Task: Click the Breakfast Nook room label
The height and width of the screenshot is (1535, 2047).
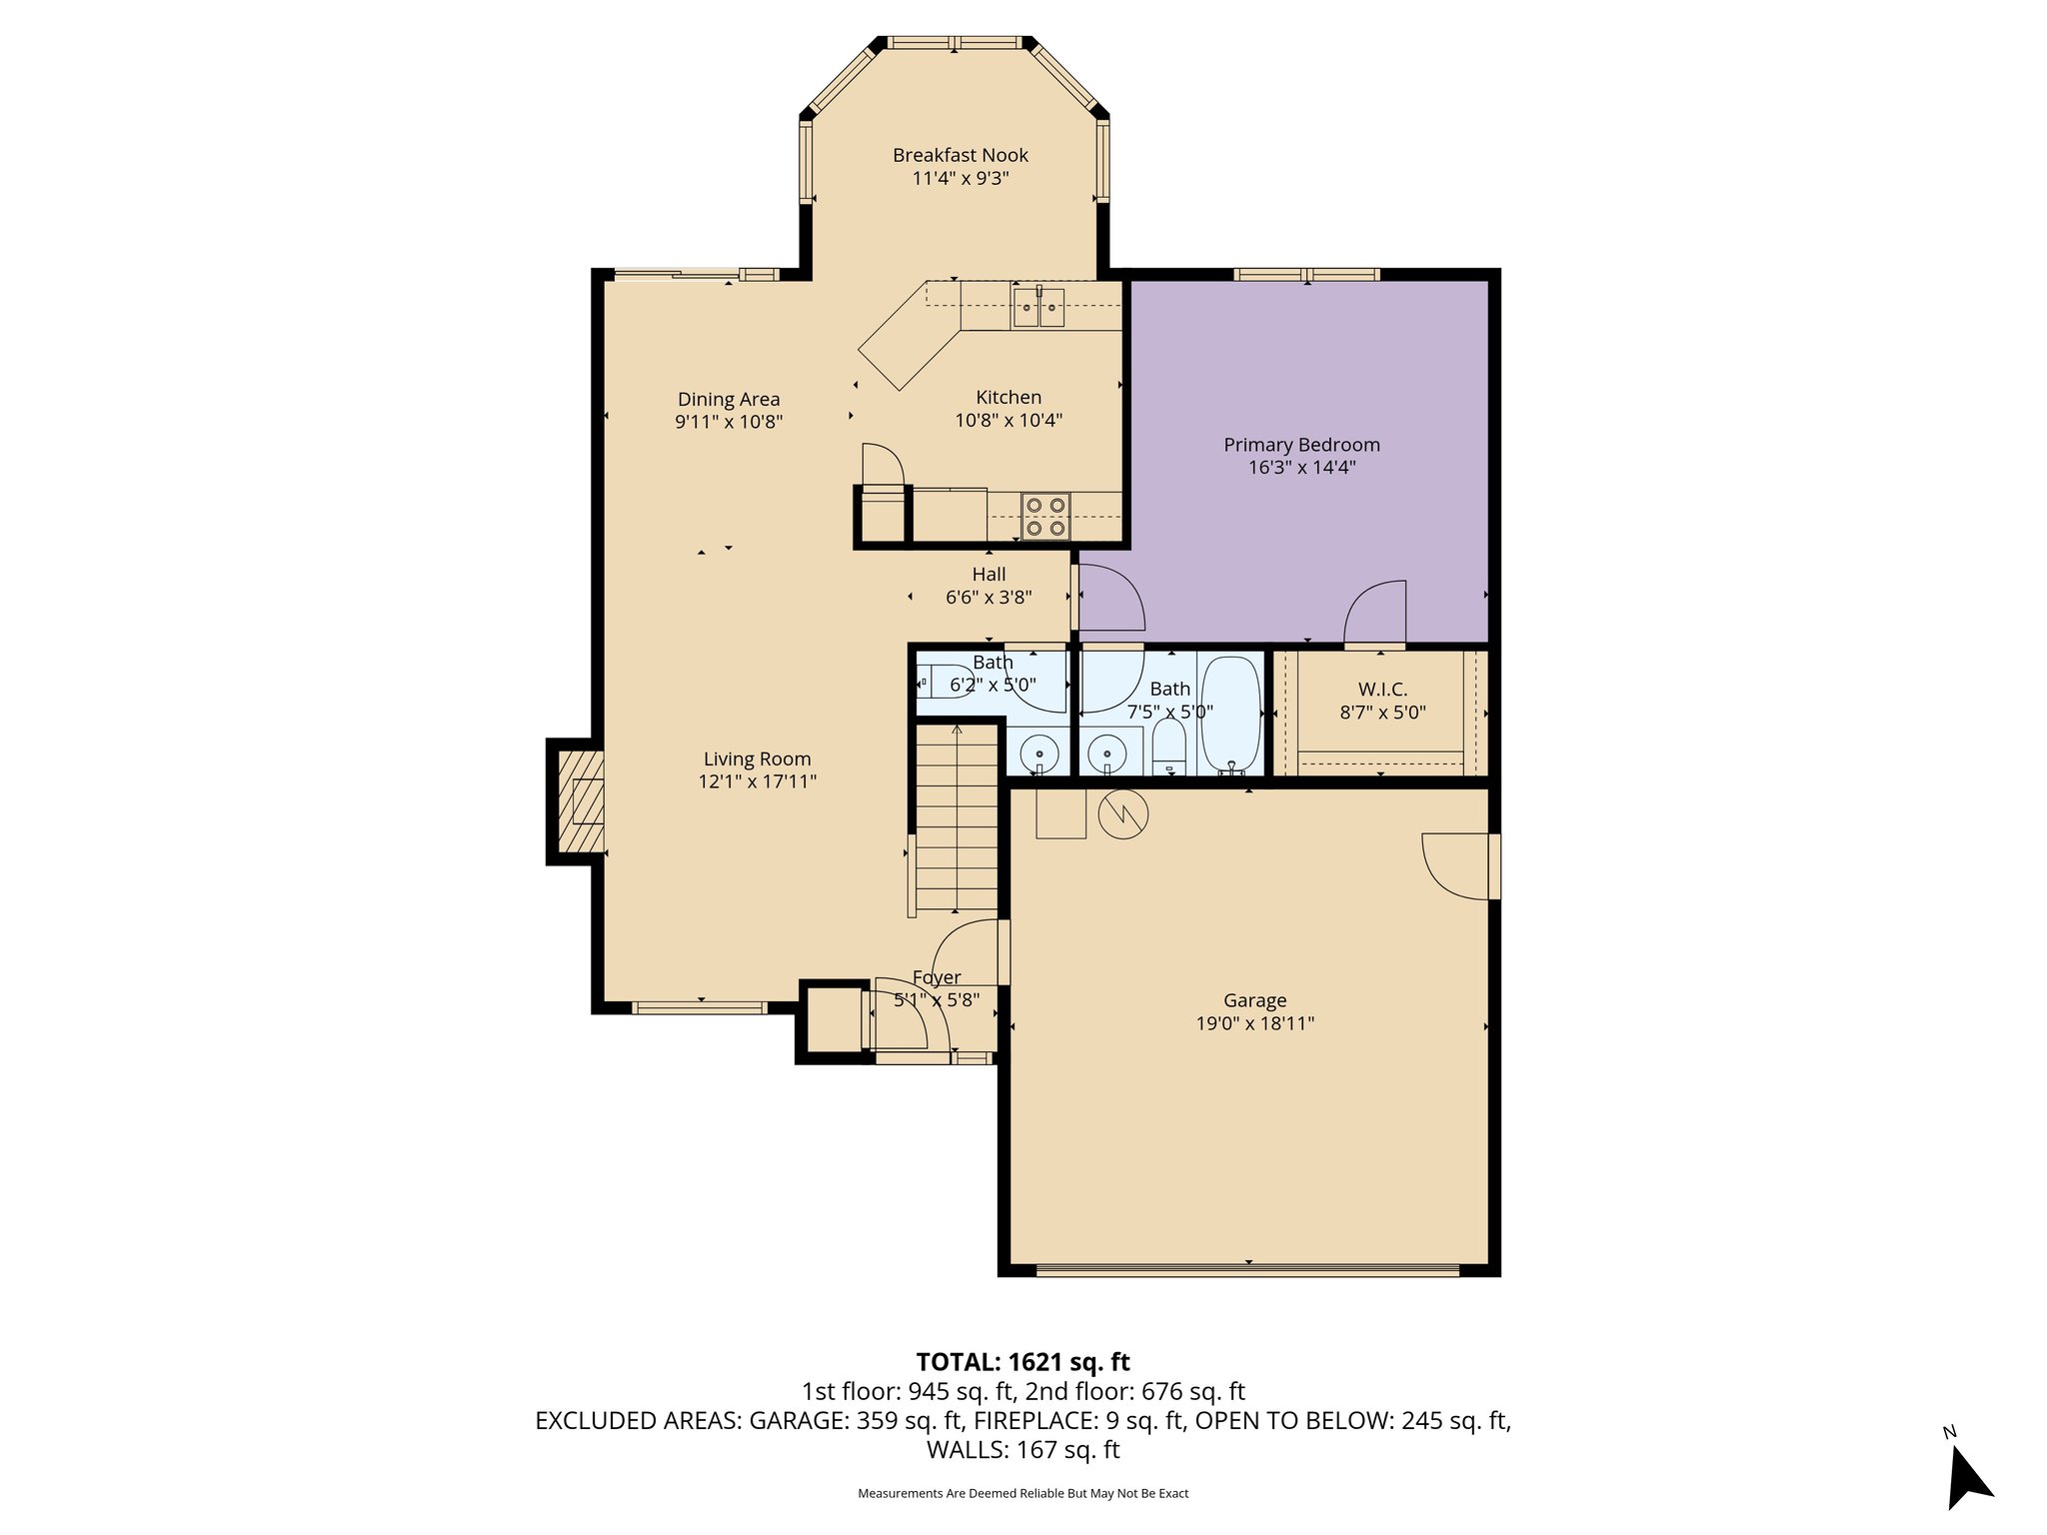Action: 960,155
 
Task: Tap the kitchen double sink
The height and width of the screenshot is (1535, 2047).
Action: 1039,307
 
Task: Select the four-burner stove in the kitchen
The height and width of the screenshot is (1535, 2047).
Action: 1045,516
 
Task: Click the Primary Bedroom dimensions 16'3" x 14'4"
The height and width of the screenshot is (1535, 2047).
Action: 1301,468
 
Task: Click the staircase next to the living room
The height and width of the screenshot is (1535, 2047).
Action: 958,819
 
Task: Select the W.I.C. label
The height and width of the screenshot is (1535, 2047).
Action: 1382,690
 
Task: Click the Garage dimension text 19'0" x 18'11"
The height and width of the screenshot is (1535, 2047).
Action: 1254,1023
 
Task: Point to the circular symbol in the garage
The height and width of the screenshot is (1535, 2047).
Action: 1123,815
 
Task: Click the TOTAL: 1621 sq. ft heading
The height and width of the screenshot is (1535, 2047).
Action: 1023,1362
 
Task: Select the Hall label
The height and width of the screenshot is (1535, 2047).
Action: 989,575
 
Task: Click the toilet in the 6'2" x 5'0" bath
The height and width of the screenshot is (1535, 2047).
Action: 944,685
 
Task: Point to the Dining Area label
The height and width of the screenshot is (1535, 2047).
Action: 728,400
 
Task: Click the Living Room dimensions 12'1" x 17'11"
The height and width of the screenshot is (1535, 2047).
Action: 757,781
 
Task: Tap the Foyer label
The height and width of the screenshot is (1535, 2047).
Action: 937,977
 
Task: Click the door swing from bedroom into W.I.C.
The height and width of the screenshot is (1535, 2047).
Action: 1376,615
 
